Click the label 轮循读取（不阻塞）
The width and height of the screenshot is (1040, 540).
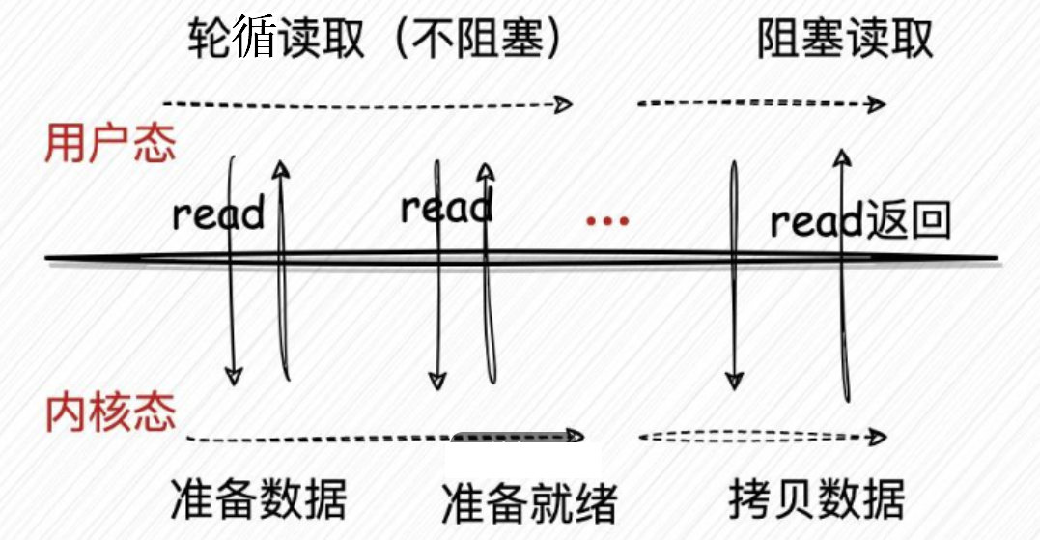(375, 42)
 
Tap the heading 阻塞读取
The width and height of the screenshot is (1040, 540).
(845, 42)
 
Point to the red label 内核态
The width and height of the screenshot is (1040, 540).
(111, 412)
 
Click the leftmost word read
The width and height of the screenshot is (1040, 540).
(217, 213)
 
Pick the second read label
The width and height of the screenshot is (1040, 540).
(446, 207)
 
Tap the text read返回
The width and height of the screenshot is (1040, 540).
(860, 222)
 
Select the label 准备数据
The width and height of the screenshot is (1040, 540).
(257, 499)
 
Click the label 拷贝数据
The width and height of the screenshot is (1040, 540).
(817, 499)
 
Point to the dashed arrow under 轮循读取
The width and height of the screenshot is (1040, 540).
(367, 103)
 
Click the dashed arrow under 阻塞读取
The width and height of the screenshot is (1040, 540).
(761, 103)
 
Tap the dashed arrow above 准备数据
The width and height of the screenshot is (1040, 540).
(319, 439)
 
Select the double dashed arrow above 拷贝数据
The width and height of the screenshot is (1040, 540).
(761, 437)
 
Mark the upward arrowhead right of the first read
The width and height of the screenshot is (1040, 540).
(280, 170)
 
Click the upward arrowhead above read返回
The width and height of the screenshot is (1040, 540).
(843, 157)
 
